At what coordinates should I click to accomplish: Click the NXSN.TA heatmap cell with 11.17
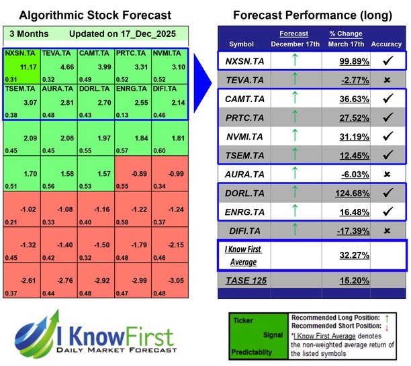(x=21, y=66)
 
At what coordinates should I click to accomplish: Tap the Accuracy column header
(x=385, y=44)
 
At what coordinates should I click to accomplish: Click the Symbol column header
(x=242, y=44)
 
